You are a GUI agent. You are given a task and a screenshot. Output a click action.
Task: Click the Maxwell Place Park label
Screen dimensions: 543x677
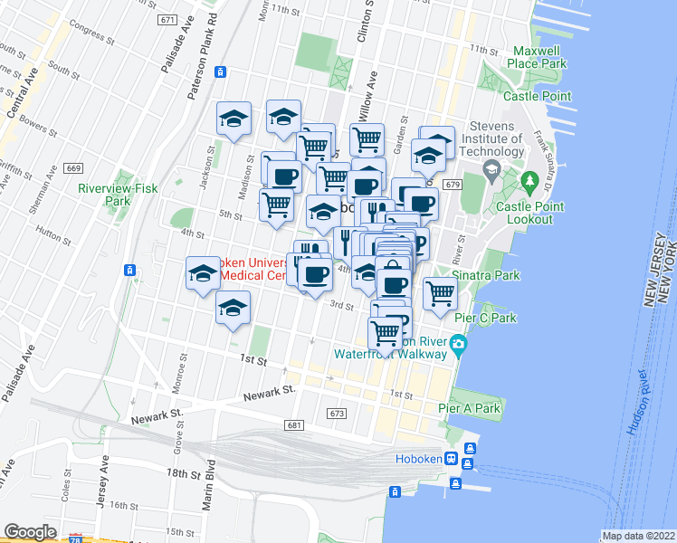tap(539, 58)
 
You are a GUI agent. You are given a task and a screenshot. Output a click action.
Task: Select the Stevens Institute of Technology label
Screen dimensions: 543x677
tap(491, 139)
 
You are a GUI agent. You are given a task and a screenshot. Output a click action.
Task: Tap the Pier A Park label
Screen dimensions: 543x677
tap(469, 408)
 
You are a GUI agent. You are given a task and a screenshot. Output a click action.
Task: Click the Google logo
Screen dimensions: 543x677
tap(30, 532)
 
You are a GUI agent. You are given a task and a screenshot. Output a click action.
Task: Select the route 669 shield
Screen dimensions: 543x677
tap(73, 168)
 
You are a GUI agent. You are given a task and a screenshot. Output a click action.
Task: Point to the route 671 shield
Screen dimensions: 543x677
tap(166, 19)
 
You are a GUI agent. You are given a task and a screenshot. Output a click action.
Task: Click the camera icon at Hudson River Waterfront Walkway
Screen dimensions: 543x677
tap(459, 344)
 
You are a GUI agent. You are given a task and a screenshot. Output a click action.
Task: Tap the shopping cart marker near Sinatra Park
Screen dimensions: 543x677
tap(440, 292)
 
